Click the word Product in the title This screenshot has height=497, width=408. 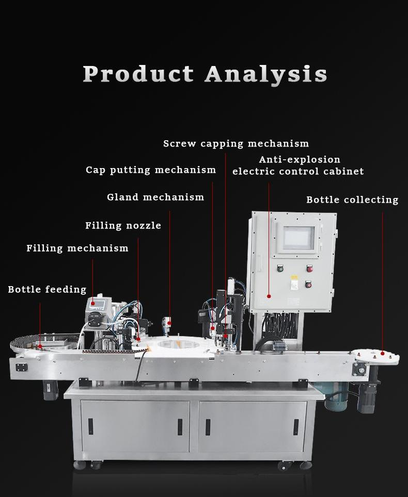click(x=138, y=74)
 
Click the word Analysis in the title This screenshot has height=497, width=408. click(x=266, y=74)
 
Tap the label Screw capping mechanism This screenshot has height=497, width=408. click(x=236, y=144)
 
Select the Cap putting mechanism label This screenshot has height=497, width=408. click(x=151, y=170)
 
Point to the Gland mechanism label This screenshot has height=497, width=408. click(x=155, y=197)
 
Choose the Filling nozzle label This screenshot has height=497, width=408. click(x=123, y=226)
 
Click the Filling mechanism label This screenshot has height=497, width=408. click(x=77, y=248)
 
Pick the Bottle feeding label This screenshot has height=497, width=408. click(x=47, y=290)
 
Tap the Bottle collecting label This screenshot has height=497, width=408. click(x=352, y=200)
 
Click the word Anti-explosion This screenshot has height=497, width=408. click(x=300, y=160)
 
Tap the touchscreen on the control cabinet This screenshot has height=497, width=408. click(x=299, y=238)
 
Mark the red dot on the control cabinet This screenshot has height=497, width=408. click(x=269, y=296)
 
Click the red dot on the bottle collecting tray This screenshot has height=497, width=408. click(x=383, y=353)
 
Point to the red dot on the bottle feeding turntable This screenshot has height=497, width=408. click(x=40, y=346)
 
